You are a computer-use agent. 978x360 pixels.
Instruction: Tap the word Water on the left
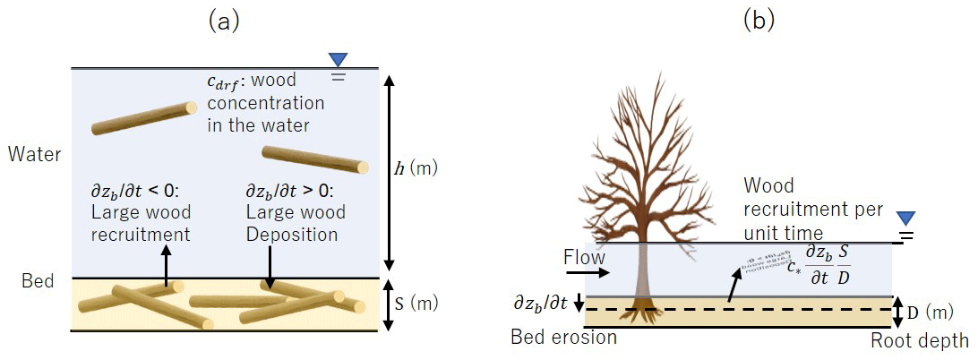[x=34, y=154]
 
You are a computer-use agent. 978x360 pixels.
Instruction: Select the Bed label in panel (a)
[x=39, y=281]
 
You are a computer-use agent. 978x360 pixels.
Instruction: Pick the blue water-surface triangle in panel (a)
[x=339, y=60]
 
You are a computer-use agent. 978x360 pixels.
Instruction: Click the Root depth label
[x=920, y=340]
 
